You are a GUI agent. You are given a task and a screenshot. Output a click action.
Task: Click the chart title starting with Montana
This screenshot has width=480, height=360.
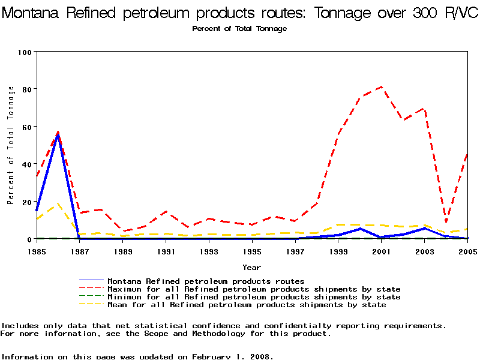coord(240,13)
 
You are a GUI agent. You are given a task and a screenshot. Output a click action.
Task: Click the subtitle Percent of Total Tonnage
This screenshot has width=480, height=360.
coord(239,29)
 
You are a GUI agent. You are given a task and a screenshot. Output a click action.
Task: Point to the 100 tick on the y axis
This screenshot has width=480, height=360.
coord(25,52)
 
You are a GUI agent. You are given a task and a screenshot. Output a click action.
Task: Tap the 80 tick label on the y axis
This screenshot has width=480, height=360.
coord(26,89)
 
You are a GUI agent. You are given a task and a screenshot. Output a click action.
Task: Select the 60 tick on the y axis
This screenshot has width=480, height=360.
coord(26,127)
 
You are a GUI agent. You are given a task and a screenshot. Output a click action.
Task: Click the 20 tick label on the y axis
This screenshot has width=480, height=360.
coord(26,202)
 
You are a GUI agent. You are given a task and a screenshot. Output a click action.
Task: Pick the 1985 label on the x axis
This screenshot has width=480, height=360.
coord(37,251)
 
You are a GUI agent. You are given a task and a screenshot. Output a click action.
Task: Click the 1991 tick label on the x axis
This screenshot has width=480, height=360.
coord(166,251)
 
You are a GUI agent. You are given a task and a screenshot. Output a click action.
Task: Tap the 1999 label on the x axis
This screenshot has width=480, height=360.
coord(338,251)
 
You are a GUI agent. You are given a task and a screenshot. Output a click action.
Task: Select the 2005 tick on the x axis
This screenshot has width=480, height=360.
coord(467,251)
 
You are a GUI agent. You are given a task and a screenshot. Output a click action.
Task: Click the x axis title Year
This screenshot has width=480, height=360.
coord(252,267)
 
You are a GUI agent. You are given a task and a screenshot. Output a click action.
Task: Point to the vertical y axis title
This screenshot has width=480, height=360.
coord(11,145)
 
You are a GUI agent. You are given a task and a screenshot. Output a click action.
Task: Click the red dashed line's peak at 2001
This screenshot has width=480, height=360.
coord(382,87)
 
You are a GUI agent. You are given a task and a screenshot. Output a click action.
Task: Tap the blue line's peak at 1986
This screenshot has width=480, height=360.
coord(58,133)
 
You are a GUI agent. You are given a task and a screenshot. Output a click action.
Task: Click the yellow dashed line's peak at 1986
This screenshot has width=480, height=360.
coord(58,204)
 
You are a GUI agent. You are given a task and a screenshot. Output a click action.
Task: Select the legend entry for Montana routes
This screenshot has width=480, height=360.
coord(206,281)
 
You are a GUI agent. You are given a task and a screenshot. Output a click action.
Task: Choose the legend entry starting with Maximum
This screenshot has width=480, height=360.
coord(254,289)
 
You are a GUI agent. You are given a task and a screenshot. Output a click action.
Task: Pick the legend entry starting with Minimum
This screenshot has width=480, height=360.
coord(254,297)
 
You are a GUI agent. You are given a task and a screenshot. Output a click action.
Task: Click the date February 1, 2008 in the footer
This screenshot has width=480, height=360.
coord(233,356)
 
